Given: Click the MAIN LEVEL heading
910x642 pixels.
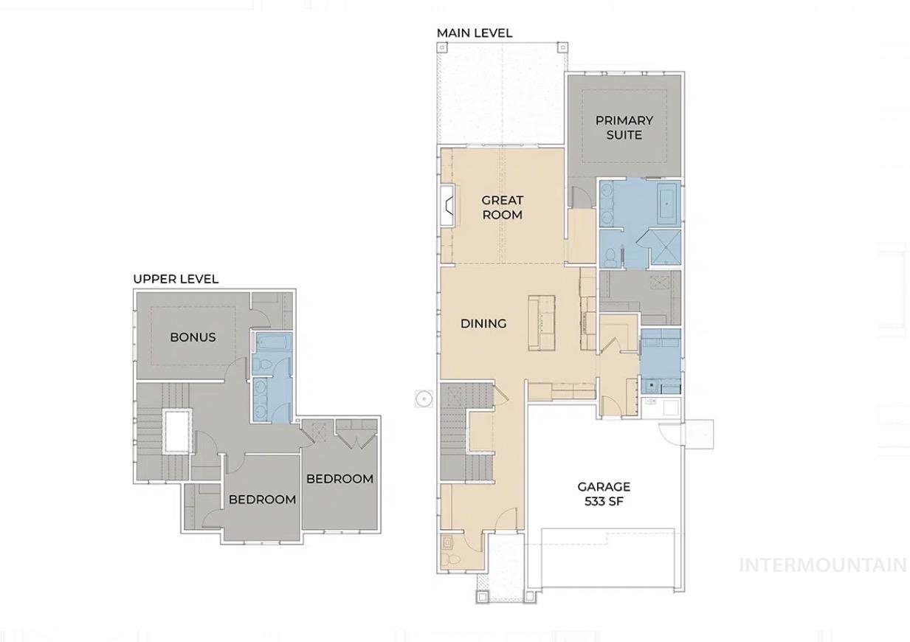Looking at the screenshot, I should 474,33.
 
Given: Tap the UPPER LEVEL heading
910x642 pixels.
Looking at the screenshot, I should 176,279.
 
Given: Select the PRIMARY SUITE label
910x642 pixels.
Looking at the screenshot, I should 624,128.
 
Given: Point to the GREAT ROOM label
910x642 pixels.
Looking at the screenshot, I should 502,207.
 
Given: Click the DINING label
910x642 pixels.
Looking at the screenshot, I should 483,323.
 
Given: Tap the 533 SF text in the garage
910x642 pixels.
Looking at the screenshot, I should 604,502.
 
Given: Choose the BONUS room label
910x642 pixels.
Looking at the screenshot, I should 193,337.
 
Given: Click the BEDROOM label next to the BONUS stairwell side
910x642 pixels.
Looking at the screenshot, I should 262,500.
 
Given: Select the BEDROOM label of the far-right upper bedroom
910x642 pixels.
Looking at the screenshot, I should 339,479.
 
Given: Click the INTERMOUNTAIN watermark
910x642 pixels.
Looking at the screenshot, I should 822,565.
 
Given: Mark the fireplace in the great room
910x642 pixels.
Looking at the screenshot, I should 447,205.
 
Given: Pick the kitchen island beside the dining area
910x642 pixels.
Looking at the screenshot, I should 540,323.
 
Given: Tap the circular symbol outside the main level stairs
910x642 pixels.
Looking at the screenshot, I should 423,398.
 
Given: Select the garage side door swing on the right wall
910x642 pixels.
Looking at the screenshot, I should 672,436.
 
